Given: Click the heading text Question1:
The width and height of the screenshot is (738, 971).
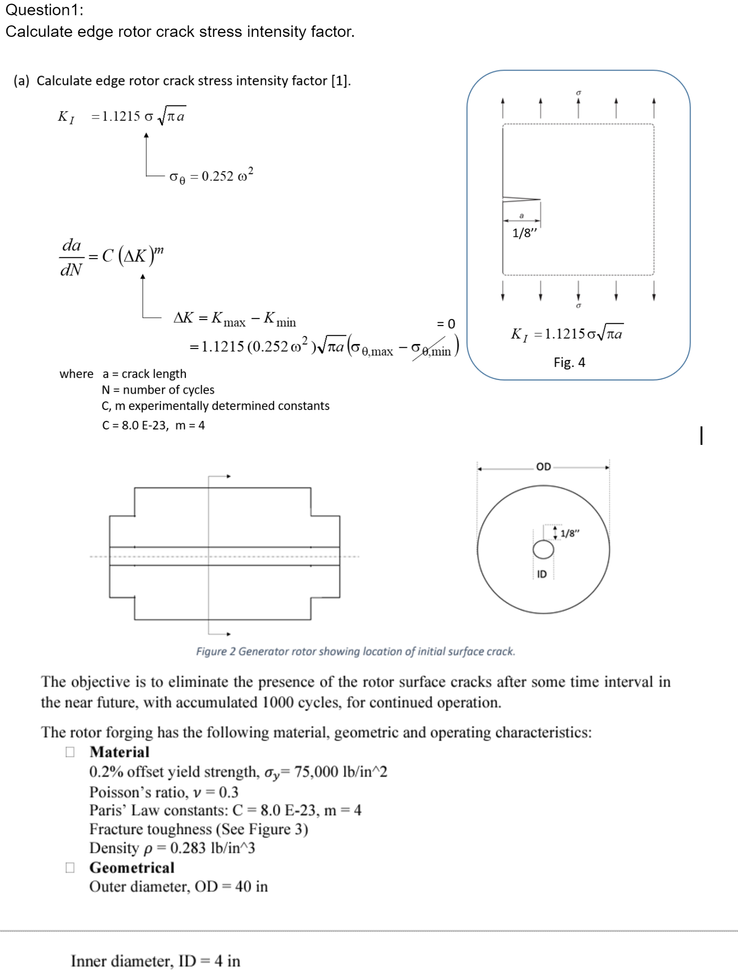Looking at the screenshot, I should coord(44,10).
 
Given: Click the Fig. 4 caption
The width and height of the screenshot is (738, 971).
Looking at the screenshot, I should coord(569,362).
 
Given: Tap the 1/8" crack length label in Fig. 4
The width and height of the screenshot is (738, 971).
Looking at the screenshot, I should coord(525,233).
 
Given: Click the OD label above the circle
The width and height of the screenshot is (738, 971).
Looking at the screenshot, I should coord(543,467).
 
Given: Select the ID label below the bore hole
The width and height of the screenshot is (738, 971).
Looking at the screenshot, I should coord(542,574).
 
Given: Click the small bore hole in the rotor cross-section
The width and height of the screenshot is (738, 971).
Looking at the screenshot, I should coord(543,550).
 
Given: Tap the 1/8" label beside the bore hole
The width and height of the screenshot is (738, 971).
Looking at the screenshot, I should coord(570,533).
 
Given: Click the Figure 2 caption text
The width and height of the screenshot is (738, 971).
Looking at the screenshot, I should coord(356,651).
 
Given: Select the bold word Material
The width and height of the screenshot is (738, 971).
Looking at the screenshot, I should coord(119,752).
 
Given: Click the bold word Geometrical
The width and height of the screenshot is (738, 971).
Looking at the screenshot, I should coord(132,868).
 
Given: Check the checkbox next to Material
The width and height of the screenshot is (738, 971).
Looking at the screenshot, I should coord(70,752).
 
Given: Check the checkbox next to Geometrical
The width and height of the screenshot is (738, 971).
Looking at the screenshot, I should coord(70,868).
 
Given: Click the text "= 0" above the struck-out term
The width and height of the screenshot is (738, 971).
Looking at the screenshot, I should coord(446,324).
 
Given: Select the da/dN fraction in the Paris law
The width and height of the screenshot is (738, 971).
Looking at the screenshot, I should coord(71,257).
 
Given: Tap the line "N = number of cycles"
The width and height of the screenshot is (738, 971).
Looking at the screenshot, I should coord(158,390).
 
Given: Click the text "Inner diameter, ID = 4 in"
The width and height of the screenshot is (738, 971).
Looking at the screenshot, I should coord(155,961).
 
